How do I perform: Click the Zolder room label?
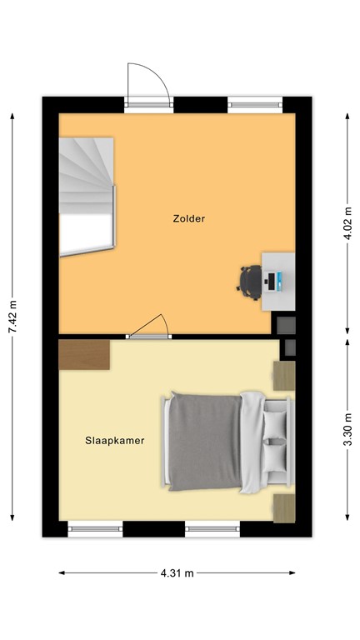click(188, 219)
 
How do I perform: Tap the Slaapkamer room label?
click(114, 440)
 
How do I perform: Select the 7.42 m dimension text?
click(12, 317)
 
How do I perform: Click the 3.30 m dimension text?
click(347, 437)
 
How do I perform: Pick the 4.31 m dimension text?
click(177, 573)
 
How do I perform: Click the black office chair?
click(249, 280)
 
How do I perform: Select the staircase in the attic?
click(87, 196)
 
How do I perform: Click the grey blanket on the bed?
click(206, 441)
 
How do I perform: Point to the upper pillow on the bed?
click(275, 424)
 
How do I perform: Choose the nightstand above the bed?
click(284, 376)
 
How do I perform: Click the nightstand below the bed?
click(284, 507)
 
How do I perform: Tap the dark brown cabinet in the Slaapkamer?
click(85, 353)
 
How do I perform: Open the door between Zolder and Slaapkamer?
click(148, 328)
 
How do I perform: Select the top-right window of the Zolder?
click(254, 104)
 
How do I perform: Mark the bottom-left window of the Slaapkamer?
click(94, 528)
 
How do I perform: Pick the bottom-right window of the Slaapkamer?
click(212, 528)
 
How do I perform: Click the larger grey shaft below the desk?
click(286, 323)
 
